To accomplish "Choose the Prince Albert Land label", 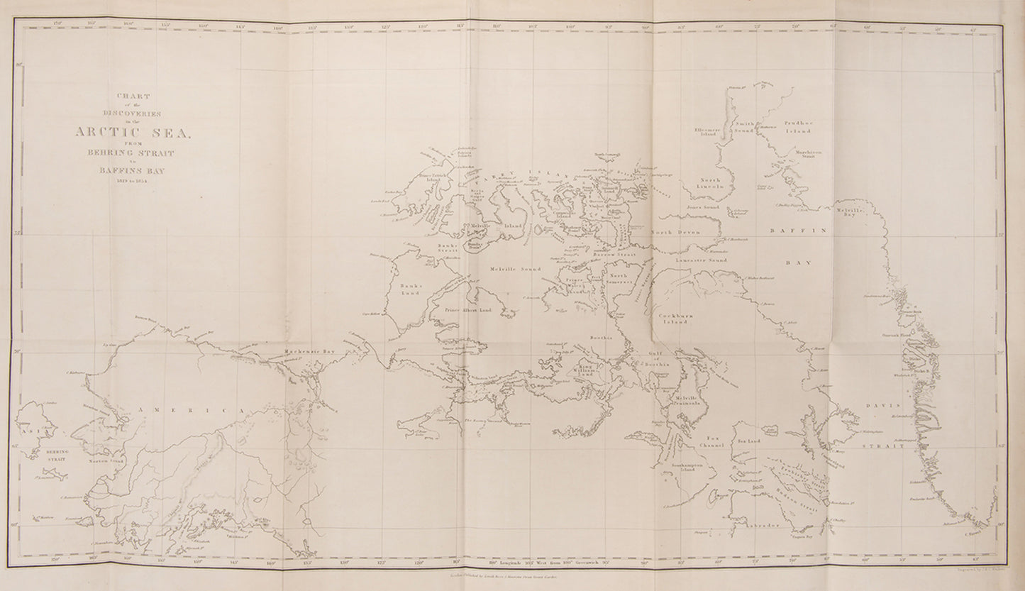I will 468,310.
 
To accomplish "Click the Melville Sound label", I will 515,269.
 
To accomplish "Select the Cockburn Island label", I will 673,317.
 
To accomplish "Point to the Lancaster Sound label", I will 700,261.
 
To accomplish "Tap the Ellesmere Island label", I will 709,132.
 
